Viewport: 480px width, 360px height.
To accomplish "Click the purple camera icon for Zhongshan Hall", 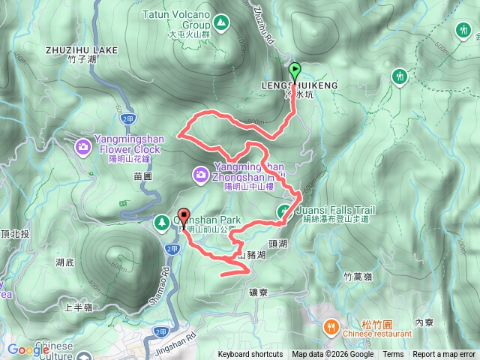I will tap(201, 175).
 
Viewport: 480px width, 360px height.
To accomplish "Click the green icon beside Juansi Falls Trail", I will tap(284, 211).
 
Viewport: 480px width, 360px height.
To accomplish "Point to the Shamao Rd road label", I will tap(168, 277).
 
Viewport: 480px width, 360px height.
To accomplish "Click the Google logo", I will tap(28, 349).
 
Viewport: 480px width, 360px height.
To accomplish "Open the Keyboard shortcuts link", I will tap(250, 355).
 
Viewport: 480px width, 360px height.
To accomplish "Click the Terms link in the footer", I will tap(393, 355).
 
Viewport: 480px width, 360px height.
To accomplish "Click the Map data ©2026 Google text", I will tap(332, 355).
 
